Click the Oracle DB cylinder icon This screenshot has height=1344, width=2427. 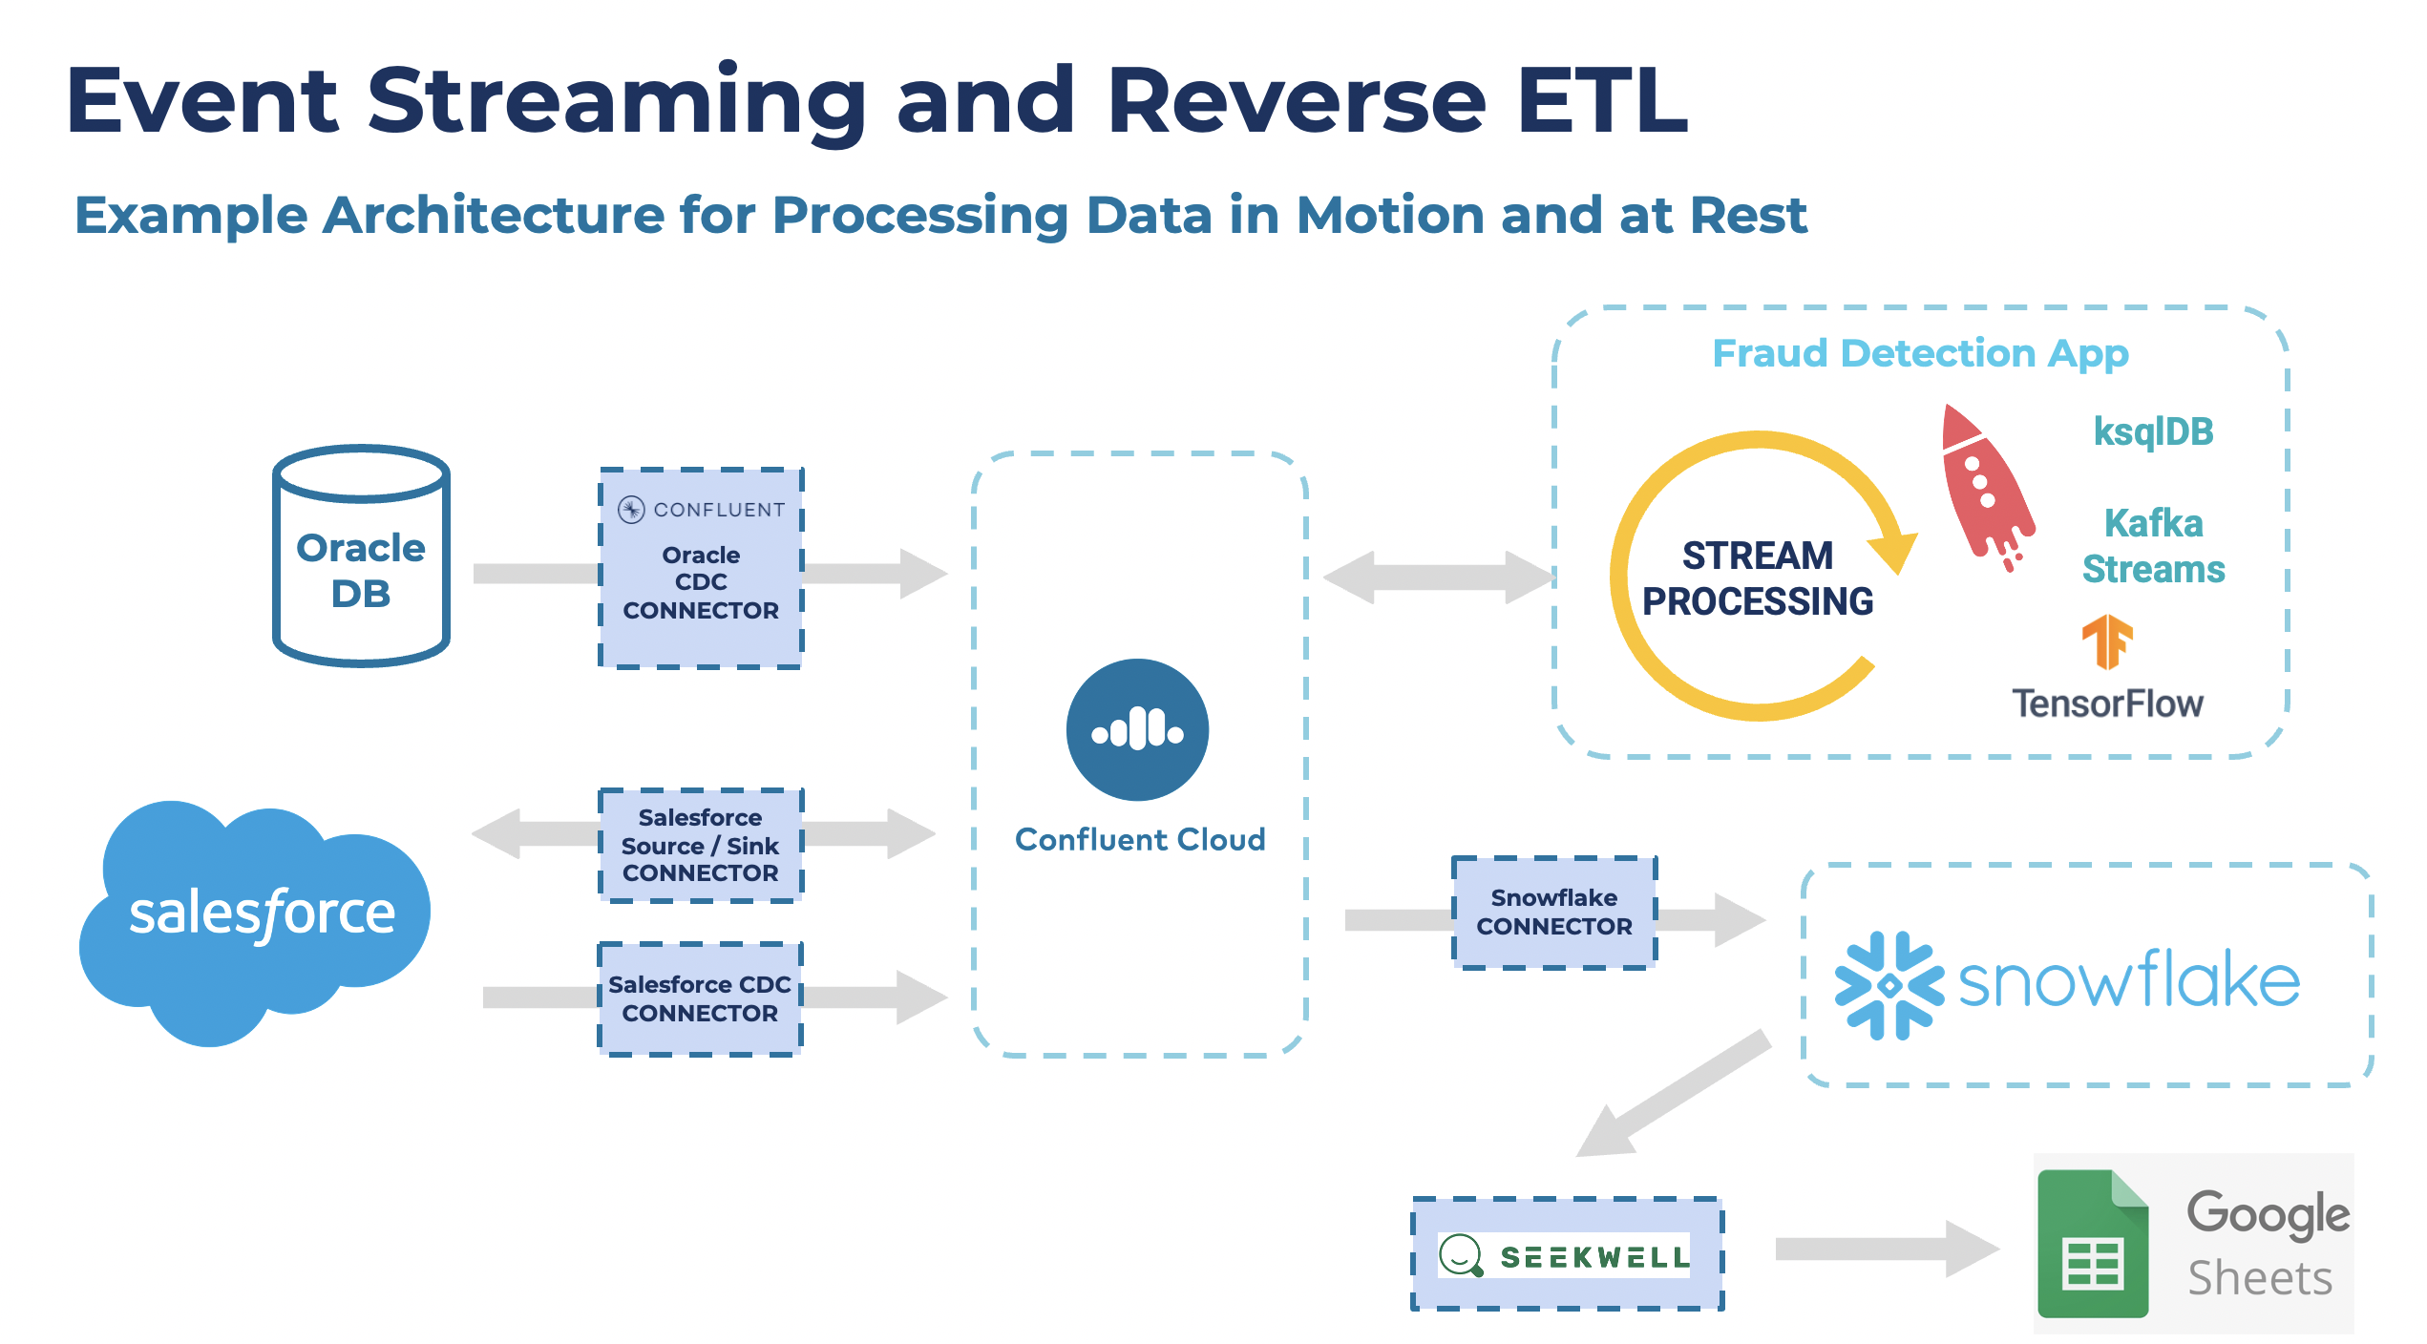point(361,556)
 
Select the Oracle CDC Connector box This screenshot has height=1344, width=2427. point(701,569)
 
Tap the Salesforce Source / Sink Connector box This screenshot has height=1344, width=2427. point(701,846)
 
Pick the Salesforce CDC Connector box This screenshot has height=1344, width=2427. point(701,998)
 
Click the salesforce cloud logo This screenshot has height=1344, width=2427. point(256,916)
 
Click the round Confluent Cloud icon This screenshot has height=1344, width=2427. point(1137,729)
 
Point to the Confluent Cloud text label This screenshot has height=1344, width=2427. point(1140,840)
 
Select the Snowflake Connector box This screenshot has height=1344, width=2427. point(1554,913)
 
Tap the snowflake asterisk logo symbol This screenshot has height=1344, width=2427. point(1889,985)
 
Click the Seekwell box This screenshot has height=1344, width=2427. point(1568,1254)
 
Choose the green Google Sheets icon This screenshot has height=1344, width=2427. point(2093,1245)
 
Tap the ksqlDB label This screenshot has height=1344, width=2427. point(2153,431)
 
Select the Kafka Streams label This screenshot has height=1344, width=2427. point(2153,546)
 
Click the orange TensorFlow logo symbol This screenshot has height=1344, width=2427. point(2106,641)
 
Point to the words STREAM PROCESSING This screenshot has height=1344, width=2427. point(1757,578)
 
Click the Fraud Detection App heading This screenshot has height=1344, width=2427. point(1919,353)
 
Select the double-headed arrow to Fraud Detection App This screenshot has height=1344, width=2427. point(1438,577)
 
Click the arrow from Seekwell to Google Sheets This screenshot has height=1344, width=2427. point(1886,1249)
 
